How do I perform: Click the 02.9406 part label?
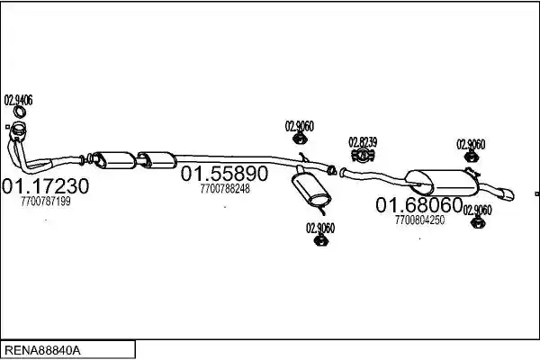18,100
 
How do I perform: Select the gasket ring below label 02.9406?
20,112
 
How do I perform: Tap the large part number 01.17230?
46,186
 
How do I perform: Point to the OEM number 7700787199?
46,202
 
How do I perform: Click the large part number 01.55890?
224,174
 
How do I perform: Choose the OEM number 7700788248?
225,189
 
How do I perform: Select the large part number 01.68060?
418,205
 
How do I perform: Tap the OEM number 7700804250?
419,220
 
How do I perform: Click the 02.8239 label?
363,142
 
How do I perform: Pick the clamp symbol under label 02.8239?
363,155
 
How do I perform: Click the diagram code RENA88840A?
42,351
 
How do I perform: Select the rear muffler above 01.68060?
442,183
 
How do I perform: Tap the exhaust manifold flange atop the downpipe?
19,130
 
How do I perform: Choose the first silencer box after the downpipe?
114,160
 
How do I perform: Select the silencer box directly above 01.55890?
157,160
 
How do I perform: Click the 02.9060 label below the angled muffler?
320,228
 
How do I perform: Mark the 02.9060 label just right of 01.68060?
477,210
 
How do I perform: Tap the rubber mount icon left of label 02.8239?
300,139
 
